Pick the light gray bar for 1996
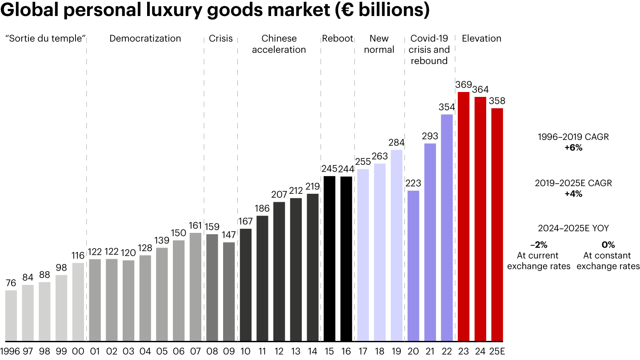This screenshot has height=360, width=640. click(x=11, y=316)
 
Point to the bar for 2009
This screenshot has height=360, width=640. click(x=229, y=292)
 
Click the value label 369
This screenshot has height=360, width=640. click(x=464, y=84)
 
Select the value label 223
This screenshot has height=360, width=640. click(x=413, y=183)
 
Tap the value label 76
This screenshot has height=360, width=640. click(x=11, y=283)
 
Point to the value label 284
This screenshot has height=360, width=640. click(x=396, y=143)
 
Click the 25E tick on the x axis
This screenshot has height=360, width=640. click(x=497, y=351)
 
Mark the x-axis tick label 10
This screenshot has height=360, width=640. click(x=245, y=351)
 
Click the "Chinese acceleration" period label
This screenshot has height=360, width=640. click(x=279, y=44)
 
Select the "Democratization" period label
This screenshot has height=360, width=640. click(x=145, y=39)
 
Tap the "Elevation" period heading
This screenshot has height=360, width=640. click(x=482, y=39)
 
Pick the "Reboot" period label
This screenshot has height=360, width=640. click(x=337, y=39)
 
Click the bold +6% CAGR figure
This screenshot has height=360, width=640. click(x=573, y=148)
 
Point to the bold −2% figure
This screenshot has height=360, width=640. click(x=539, y=245)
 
